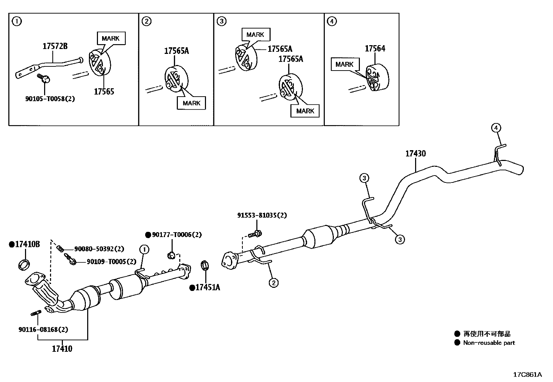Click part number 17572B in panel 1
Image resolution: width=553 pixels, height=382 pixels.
pyautogui.click(x=55, y=46)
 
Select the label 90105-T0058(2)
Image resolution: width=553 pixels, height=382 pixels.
pyautogui.click(x=50, y=99)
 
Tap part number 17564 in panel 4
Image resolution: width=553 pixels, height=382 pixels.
pyautogui.click(x=375, y=49)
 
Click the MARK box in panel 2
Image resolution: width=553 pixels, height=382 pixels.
pyautogui.click(x=191, y=103)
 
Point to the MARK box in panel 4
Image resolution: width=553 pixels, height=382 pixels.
pyautogui.click(x=345, y=64)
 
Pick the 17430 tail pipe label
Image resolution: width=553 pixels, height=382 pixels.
pyautogui.click(x=415, y=154)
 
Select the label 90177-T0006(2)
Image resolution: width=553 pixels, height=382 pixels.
pyautogui.click(x=176, y=235)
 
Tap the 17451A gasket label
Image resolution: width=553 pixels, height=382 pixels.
pyautogui.click(x=207, y=287)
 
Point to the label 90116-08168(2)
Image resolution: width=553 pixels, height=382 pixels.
pyautogui.click(x=43, y=329)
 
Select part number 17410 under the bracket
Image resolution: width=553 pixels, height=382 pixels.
pyautogui.click(x=62, y=349)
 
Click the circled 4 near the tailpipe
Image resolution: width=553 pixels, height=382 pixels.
pyautogui.click(x=496, y=128)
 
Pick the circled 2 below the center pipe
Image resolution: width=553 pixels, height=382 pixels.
pyautogui.click(x=273, y=283)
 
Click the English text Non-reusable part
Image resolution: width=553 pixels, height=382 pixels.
pyautogui.click(x=489, y=343)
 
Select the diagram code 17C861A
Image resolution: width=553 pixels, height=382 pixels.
pyautogui.click(x=528, y=374)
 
